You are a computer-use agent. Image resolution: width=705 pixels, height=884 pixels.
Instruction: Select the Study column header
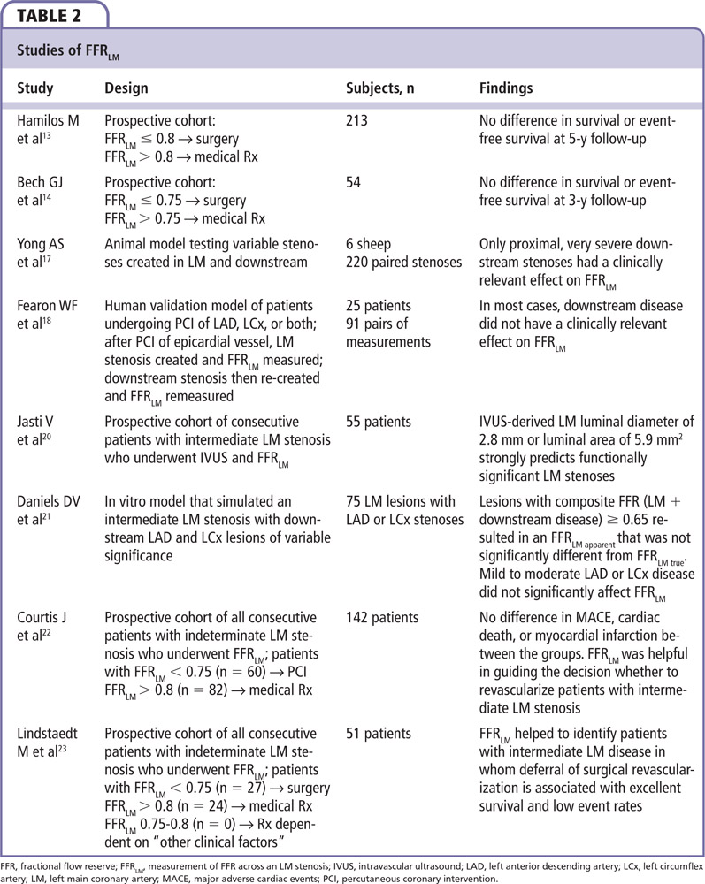point(34,88)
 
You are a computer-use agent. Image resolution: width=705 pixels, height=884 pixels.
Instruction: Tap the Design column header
point(126,88)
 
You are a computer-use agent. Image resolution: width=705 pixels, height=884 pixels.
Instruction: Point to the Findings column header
point(506,88)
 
